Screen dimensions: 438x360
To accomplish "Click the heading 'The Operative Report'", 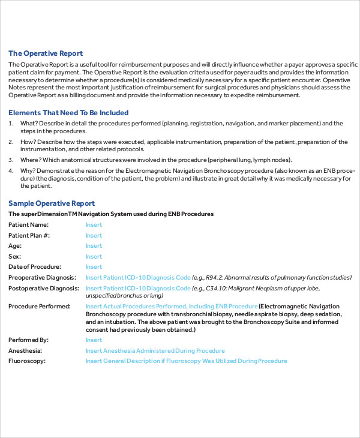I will tap(46, 53).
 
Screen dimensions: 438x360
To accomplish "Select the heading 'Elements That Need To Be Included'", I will tap(68, 113).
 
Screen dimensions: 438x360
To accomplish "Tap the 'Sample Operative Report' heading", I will tap(52, 203).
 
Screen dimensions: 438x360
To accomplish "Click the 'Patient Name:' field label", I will tap(29, 225).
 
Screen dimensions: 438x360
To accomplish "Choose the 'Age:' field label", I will tap(15, 246).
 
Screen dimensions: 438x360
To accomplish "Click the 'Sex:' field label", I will tap(15, 256).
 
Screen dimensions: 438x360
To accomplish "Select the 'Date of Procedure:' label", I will tap(34, 267).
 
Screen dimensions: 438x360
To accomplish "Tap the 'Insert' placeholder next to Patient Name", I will tap(94, 225).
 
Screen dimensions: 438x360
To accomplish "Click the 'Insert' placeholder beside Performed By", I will tap(94, 340).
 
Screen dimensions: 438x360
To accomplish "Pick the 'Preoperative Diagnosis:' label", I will tap(43, 277).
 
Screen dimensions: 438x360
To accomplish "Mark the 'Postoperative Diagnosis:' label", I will tap(44, 288).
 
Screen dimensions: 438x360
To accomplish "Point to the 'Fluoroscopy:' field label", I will tap(27, 361).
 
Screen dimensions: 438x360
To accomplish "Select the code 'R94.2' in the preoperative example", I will tap(214, 277).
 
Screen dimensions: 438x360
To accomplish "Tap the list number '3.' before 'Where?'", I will tap(11, 160).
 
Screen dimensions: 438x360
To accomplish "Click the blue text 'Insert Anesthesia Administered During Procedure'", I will tap(155, 350).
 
